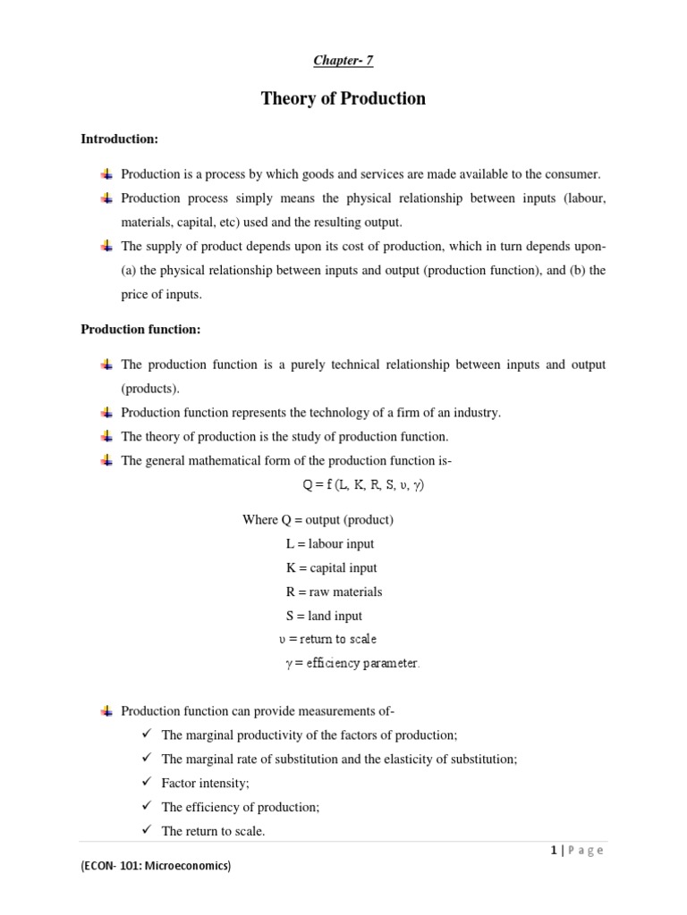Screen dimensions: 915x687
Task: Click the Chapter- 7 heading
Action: tap(343, 61)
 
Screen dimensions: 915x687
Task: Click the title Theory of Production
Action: tap(343, 99)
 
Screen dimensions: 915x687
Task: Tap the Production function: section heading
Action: tap(140, 330)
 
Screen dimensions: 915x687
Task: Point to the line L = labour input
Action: tap(330, 543)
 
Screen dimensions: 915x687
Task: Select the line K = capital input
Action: tap(331, 567)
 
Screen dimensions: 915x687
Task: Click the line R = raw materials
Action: tap(334, 592)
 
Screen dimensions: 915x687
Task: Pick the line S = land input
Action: tap(323, 616)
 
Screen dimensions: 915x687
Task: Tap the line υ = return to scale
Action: tap(327, 639)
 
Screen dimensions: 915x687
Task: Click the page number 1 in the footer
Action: tap(554, 851)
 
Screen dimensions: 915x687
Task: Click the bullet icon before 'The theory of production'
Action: tap(106, 436)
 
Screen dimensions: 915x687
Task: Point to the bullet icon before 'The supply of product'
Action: tap(106, 246)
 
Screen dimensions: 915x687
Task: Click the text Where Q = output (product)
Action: tap(318, 519)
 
